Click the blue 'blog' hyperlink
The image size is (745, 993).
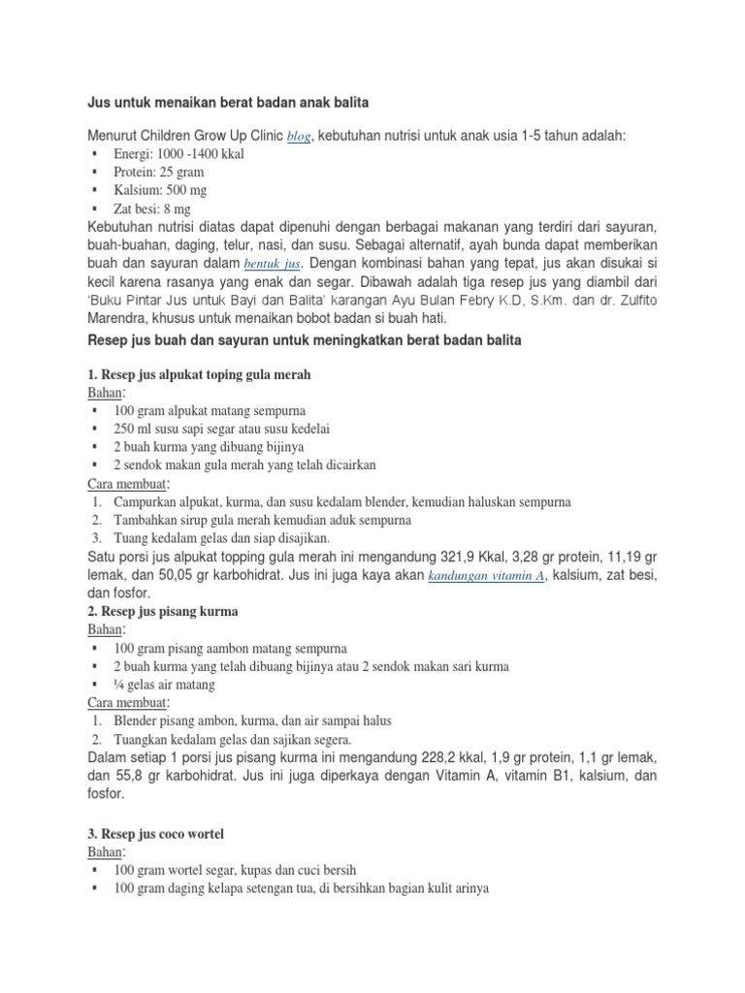pyautogui.click(x=298, y=139)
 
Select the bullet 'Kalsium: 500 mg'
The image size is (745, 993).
pyautogui.click(x=160, y=190)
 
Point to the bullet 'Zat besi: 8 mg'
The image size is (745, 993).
pyautogui.click(x=152, y=208)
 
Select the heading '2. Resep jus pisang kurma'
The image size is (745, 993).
pyautogui.click(x=162, y=612)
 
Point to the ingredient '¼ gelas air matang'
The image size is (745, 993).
pyautogui.click(x=164, y=684)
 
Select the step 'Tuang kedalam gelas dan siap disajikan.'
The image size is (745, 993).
pyautogui.click(x=222, y=537)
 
